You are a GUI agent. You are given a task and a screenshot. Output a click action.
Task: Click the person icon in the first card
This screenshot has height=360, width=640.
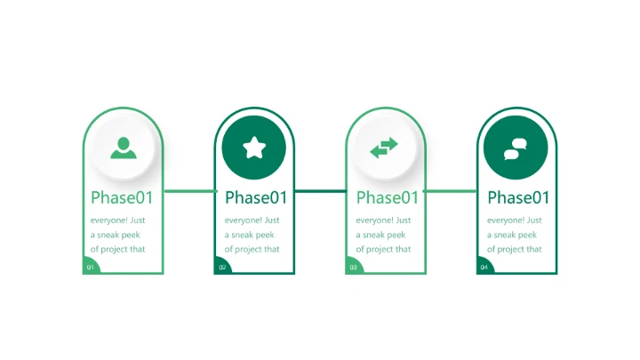point(124,148)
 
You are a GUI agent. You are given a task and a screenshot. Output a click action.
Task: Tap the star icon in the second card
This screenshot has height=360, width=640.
point(254,148)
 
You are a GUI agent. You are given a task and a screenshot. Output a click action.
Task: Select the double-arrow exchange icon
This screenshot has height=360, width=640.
point(384,148)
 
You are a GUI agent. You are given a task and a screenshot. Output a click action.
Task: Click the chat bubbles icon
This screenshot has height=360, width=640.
point(515,149)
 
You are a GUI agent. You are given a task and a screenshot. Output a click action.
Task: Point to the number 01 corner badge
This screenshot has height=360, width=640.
point(91,266)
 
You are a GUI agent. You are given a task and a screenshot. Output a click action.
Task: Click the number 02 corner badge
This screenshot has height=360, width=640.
point(222,266)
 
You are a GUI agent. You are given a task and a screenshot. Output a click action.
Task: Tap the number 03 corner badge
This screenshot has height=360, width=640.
point(354,266)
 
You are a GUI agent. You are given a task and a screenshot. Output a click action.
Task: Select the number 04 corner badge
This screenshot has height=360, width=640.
point(484,266)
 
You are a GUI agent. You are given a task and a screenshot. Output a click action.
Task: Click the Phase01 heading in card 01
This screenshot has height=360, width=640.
point(122,197)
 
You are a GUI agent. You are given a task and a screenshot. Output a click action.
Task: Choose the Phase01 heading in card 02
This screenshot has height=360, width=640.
point(256,197)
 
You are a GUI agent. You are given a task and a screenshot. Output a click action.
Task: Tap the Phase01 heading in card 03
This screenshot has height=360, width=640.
point(388,197)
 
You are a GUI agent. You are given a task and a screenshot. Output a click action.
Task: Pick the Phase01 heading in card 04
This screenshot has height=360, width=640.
point(518,197)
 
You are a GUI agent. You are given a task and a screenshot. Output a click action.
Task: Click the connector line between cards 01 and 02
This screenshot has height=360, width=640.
point(190,191)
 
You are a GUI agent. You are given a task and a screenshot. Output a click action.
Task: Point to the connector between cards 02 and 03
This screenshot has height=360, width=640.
point(320,191)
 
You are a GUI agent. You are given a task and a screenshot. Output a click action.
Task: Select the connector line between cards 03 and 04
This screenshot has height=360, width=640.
point(450,191)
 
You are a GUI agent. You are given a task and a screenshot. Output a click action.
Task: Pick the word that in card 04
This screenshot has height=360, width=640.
point(533,249)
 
